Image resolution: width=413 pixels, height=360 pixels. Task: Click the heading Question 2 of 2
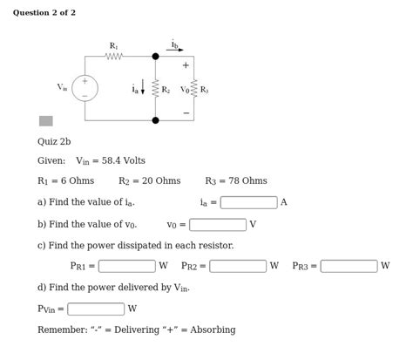[44, 13]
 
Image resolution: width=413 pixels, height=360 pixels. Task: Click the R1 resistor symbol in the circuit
[114, 57]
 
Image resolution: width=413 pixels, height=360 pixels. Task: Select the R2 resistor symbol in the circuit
[155, 89]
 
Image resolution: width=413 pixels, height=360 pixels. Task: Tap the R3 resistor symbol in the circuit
[193, 89]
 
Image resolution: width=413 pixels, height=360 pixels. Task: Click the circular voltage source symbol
[85, 88]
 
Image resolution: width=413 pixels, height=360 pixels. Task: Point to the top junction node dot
[155, 57]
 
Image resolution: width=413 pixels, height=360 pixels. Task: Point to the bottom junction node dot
[155, 120]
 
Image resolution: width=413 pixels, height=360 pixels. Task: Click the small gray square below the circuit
[45, 121]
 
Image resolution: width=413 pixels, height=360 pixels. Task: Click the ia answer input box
[248, 202]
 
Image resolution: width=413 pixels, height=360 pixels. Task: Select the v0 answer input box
[217, 225]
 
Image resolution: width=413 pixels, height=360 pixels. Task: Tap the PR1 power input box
[126, 266]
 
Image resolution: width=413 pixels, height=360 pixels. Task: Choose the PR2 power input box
[238, 266]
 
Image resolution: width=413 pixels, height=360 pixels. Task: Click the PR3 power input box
[349, 266]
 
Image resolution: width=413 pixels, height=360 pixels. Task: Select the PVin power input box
[96, 309]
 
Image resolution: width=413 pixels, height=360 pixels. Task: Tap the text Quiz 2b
[54, 141]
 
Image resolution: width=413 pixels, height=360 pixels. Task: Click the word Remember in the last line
[59, 330]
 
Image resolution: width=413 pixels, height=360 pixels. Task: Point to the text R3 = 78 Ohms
[236, 181]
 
